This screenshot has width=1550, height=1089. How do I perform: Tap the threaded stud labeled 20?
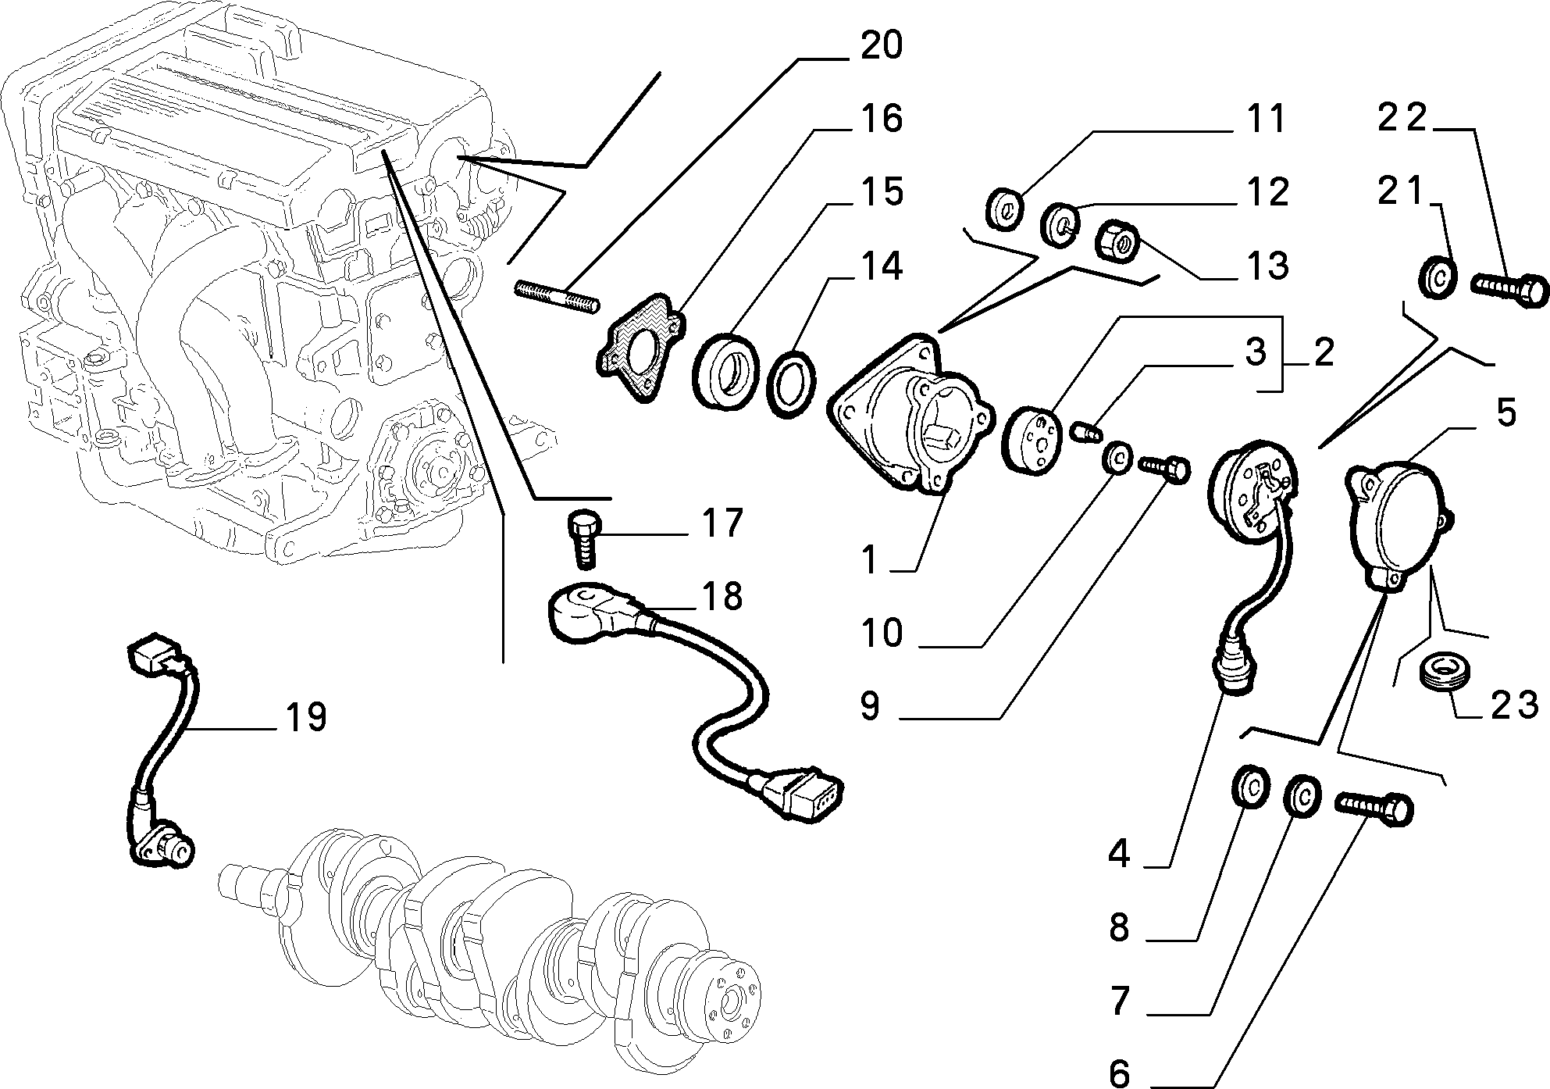click(558, 297)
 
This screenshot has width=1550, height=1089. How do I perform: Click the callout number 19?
click(305, 716)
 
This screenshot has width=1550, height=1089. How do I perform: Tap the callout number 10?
click(883, 633)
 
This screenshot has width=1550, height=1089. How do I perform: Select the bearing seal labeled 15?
click(725, 370)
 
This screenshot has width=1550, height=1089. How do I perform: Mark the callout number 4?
click(1120, 855)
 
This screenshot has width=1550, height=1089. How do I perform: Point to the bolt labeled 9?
click(1163, 469)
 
